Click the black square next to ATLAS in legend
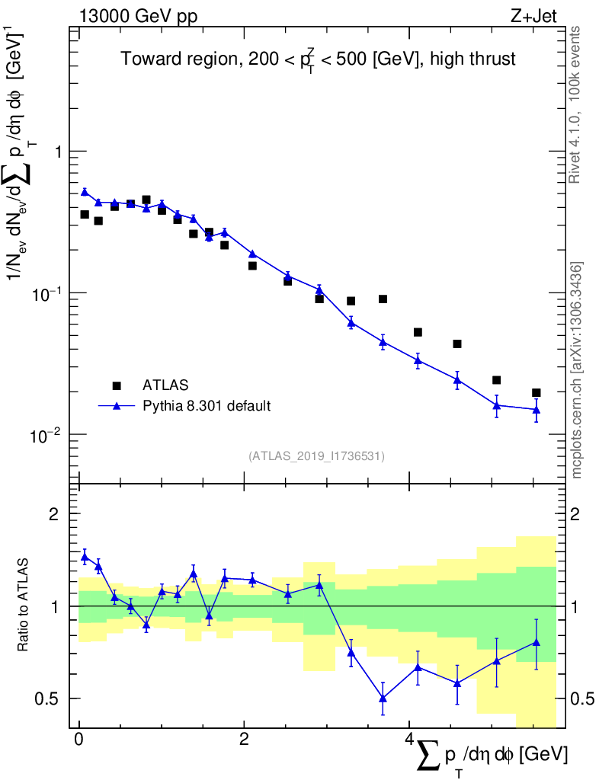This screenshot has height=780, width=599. tap(117, 385)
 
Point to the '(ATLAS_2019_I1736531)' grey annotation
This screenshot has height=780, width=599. tap(316, 456)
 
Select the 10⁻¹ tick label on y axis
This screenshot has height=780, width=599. tap(47, 292)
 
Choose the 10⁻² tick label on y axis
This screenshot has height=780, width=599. tap(47, 434)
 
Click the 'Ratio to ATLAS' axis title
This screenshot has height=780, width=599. tap(24, 606)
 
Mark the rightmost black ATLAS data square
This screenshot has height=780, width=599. tap(537, 393)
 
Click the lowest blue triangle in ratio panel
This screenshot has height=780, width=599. tap(383, 698)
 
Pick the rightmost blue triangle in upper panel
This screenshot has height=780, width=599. tap(537, 410)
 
